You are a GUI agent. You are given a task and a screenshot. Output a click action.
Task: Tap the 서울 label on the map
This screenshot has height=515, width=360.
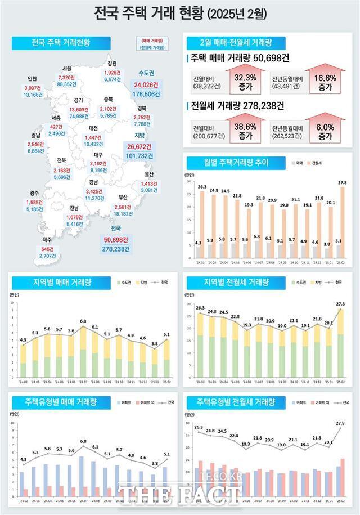[x=67, y=69]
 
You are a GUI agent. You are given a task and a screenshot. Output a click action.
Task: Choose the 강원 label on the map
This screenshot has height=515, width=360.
[x=111, y=64]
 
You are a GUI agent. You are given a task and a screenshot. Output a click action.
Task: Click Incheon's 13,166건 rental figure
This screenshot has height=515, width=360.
[x=34, y=95]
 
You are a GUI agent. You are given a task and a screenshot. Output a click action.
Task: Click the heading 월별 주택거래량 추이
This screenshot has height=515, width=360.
[x=228, y=163]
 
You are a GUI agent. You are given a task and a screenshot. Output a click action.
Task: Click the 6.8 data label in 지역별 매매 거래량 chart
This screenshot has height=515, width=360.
[x=83, y=321]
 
